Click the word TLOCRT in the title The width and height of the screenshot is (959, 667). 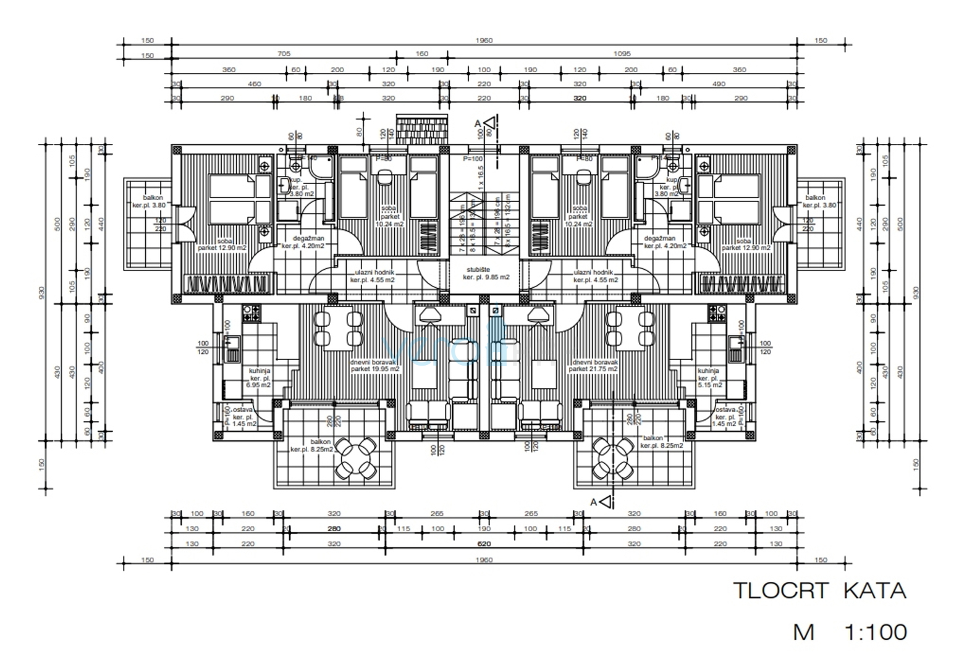[780, 591]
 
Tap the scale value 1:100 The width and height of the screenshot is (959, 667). [875, 632]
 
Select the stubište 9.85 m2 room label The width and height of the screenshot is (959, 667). [486, 274]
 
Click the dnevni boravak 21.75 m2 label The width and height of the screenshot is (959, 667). [594, 366]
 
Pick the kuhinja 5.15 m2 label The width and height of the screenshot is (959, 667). [709, 378]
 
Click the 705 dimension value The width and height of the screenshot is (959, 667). [283, 54]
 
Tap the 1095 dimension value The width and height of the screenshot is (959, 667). [622, 54]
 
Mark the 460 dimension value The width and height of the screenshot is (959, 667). [254, 84]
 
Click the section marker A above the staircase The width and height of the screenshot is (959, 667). [478, 124]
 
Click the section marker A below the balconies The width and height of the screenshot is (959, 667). [594, 502]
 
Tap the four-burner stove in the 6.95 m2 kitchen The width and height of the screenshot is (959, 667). [251, 314]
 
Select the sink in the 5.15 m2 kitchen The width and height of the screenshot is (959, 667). [735, 342]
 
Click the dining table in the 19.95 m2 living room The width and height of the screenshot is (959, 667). [337, 329]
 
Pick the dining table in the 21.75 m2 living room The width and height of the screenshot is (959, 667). [630, 329]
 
